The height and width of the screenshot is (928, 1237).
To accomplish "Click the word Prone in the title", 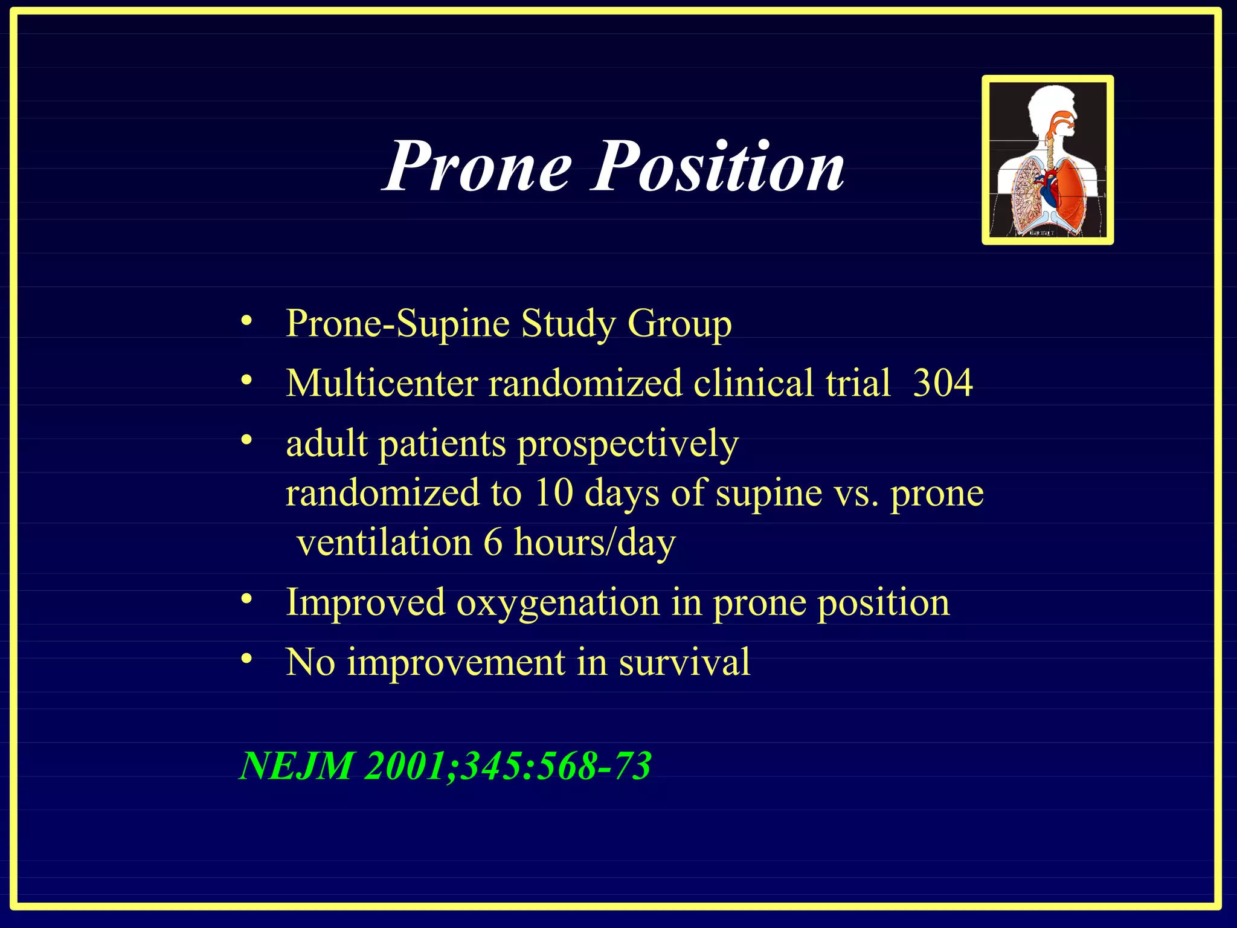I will pos(478,166).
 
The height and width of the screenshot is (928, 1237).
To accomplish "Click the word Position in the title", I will pos(718,166).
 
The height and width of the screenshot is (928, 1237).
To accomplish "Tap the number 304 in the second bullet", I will pos(942,383).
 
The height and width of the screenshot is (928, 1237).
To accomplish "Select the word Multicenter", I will pos(382,383).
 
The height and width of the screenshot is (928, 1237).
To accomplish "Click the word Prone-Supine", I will pos(398,324).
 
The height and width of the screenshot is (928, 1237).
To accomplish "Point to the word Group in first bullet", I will pos(679,324).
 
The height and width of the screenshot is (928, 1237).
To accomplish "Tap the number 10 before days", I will pos(553,492).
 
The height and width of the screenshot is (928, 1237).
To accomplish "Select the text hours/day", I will pos(594,543).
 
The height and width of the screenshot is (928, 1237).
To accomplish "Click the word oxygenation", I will pos(557,603).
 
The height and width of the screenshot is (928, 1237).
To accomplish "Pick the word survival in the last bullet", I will pos(684,662).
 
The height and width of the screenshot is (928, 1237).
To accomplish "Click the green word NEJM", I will pos(296,766).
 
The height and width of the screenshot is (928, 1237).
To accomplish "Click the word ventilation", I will pos(384,543).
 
